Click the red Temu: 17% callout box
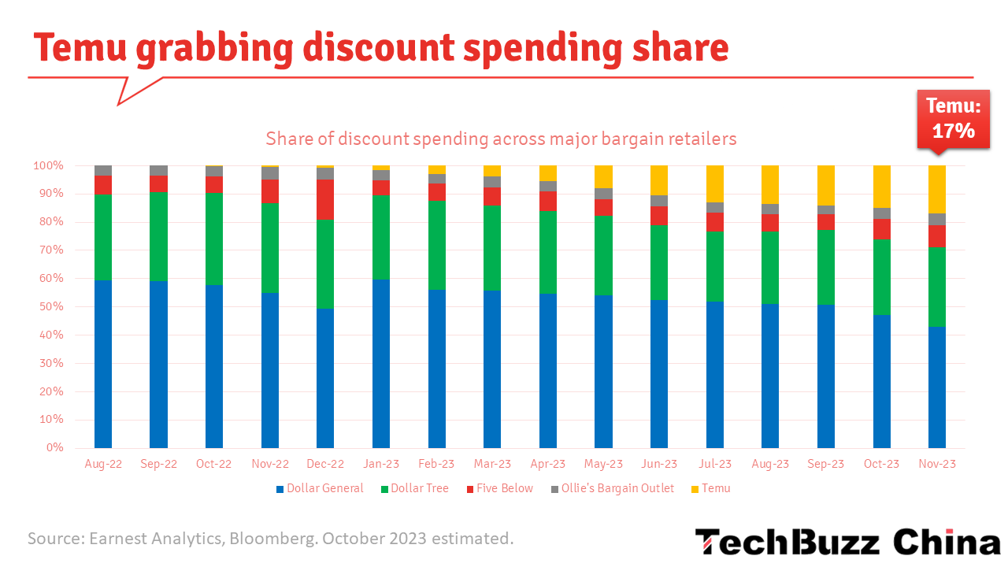coord(953,119)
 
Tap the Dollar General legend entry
coord(320,488)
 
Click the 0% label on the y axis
coord(54,448)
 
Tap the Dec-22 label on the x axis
coord(325,464)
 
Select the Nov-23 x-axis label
coord(937,464)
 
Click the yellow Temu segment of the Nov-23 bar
coord(937,189)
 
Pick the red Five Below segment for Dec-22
coord(325,199)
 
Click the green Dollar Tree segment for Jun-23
coord(659,262)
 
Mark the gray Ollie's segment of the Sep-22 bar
coord(158,170)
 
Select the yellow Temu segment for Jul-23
coord(715,183)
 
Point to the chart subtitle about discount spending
coord(501,139)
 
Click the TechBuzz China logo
coord(847,543)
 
